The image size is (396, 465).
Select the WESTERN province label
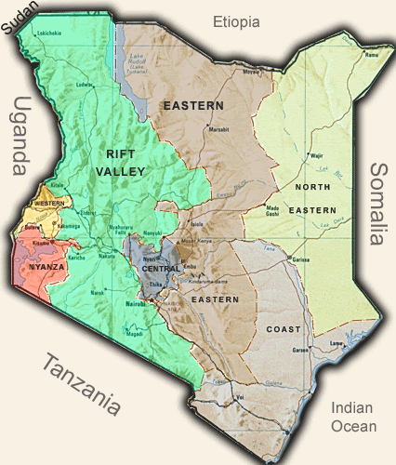47,203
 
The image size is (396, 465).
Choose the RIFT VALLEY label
122,164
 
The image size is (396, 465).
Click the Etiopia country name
236,21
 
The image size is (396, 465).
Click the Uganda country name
19,136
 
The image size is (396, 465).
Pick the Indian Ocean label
354,418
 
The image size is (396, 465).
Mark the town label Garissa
299,260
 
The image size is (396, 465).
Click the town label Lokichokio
49,34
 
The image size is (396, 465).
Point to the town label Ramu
372,55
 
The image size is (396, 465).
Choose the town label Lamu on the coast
338,343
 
